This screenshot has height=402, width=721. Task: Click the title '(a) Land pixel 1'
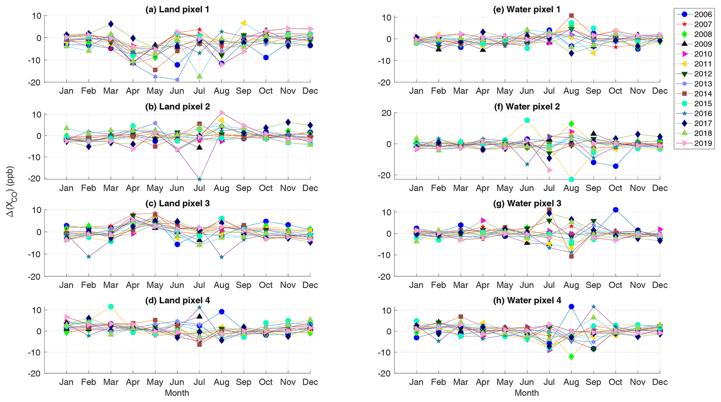[177, 9]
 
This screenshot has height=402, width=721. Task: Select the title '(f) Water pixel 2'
[527, 107]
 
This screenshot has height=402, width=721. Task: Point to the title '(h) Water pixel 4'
[527, 300]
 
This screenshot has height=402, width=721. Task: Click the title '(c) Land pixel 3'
[177, 203]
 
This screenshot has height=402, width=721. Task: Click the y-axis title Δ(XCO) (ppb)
[11, 192]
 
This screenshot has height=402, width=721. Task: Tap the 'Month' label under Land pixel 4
[177, 393]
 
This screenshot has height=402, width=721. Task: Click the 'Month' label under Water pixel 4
[526, 393]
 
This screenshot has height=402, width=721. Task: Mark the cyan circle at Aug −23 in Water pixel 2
[571, 179]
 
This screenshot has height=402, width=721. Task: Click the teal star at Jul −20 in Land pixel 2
[199, 179]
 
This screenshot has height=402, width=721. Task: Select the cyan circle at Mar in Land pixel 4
[111, 307]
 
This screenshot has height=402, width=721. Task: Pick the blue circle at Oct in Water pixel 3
[616, 210]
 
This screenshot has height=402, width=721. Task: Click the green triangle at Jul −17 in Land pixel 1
[199, 76]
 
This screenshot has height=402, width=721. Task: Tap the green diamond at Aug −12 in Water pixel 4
[571, 357]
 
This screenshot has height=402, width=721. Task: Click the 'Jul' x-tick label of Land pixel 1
[199, 91]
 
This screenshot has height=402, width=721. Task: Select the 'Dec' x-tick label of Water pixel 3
[660, 285]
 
